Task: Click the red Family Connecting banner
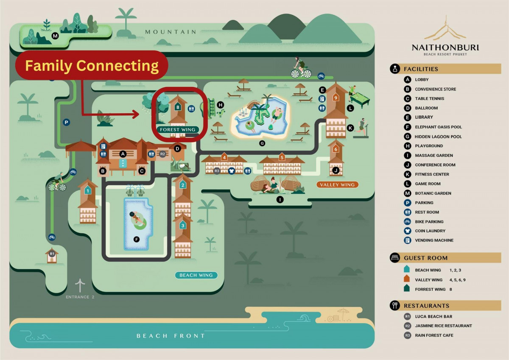tap(92, 65)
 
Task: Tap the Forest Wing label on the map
tap(177, 129)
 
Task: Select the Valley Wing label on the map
tap(338, 184)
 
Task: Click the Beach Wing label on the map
tap(196, 275)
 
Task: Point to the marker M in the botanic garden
tap(55, 36)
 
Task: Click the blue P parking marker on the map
tap(66, 123)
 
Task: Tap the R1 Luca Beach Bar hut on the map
tap(52, 255)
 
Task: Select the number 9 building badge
tap(336, 98)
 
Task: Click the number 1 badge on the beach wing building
tap(87, 190)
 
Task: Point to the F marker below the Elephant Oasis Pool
tap(137, 240)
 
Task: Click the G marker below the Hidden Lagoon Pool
tap(262, 143)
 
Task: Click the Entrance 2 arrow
tap(80, 285)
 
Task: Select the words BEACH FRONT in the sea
tap(171, 336)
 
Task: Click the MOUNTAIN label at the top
tap(171, 32)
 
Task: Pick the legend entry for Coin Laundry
tap(430, 231)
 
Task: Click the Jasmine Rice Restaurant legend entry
tap(443, 326)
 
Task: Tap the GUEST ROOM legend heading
tap(425, 258)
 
